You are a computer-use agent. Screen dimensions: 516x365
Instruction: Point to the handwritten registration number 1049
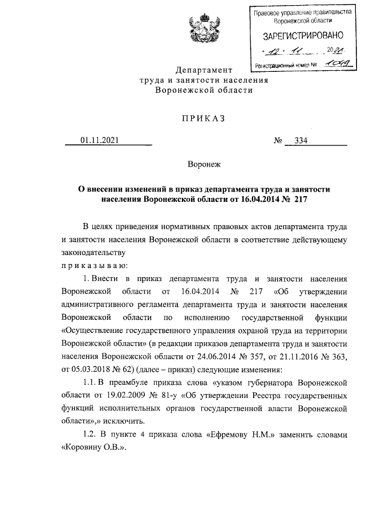coord(335,64)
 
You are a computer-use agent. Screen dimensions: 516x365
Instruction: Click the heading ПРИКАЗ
coord(204,118)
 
